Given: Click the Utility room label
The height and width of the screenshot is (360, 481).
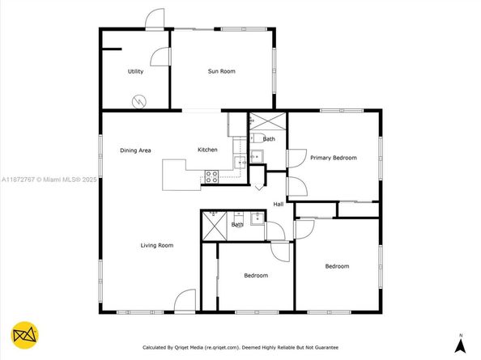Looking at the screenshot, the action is [135, 71].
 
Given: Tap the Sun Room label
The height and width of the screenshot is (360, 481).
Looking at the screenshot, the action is [222, 71].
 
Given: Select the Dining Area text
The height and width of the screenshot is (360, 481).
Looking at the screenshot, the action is [135, 150].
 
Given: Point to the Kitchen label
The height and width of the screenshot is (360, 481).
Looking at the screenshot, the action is [207, 150].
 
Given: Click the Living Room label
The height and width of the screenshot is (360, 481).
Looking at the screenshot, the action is [157, 245].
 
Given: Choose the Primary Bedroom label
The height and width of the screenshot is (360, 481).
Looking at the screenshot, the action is [334, 158].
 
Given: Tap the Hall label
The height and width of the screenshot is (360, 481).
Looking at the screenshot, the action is [279, 204].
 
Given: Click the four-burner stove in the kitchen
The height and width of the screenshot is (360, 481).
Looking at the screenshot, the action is [211, 177].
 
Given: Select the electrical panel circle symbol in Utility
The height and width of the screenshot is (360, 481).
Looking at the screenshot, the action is [139, 102].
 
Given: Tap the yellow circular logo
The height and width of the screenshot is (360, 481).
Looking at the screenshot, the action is [25, 335].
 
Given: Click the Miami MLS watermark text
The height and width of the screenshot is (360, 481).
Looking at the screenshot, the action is [49, 180].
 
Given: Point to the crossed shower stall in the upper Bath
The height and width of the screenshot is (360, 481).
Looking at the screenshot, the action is [268, 121].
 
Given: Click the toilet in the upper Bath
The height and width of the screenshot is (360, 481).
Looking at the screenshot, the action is [257, 138].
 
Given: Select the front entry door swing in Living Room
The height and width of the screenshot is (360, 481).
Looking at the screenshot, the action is [185, 301].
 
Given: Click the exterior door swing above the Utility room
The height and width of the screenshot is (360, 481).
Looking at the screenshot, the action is [155, 19].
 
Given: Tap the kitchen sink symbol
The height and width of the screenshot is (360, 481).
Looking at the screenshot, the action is [240, 163].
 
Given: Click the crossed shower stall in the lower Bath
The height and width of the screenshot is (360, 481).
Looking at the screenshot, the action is [215, 226].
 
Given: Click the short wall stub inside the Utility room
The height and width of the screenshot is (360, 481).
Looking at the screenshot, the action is [112, 49].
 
